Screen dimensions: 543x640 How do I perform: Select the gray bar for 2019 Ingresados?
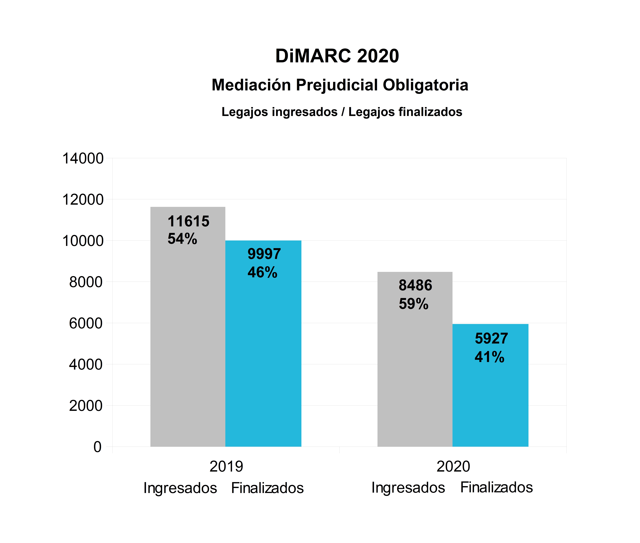click(x=188, y=339)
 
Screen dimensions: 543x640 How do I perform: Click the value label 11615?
click(x=188, y=221)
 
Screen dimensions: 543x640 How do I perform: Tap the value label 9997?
click(x=264, y=254)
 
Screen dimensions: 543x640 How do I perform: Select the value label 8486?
click(x=415, y=285)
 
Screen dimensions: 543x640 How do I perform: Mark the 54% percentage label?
click(x=182, y=239)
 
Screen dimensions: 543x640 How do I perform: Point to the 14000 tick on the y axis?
click(x=83, y=159)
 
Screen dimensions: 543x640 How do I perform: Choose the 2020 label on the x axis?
click(x=453, y=467)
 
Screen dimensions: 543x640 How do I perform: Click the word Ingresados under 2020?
click(x=408, y=488)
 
